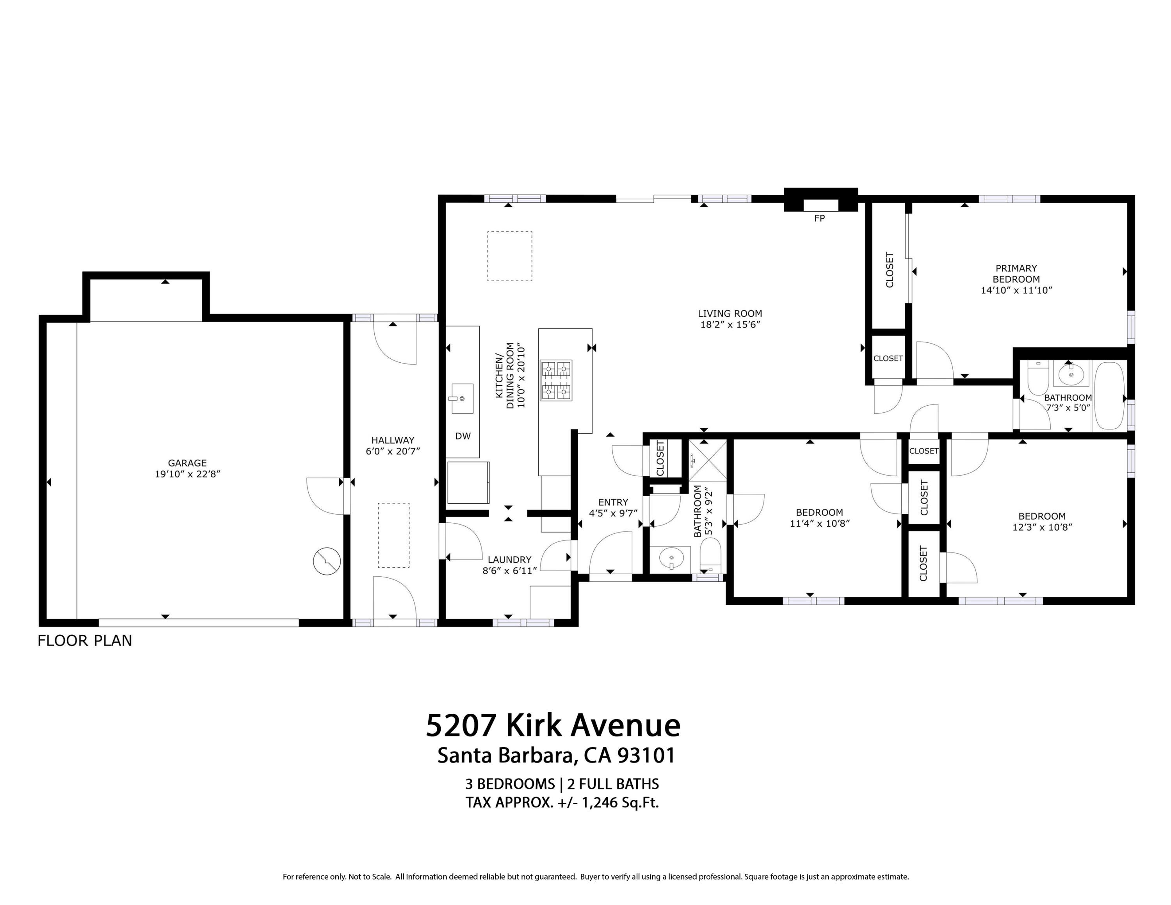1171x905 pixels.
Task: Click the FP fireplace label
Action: pos(819,218)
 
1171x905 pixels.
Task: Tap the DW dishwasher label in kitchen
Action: pos(463,436)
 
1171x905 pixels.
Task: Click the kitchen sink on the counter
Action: pos(462,398)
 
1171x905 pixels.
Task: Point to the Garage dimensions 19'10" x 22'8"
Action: pos(187,474)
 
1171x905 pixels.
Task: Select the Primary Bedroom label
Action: pos(1016,273)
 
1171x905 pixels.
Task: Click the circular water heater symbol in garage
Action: pos(327,561)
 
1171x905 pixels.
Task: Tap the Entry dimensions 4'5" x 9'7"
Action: pos(612,513)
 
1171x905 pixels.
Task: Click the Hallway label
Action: pos(392,440)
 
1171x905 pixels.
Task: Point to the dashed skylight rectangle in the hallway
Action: pos(393,534)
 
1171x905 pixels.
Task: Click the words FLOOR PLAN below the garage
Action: pos(85,641)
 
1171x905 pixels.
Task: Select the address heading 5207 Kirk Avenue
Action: pos(553,725)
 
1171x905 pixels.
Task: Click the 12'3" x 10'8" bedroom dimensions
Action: pos(1041,527)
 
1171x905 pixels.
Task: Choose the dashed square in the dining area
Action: pos(509,256)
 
